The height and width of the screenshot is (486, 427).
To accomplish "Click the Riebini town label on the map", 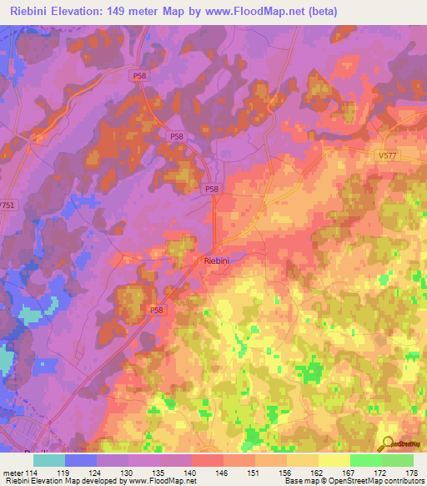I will [219, 261].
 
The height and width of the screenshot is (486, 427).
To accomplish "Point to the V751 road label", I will [8, 205].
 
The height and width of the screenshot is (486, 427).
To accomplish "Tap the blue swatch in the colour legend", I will [80, 460].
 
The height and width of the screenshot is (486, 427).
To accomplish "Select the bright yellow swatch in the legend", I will [334, 460].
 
